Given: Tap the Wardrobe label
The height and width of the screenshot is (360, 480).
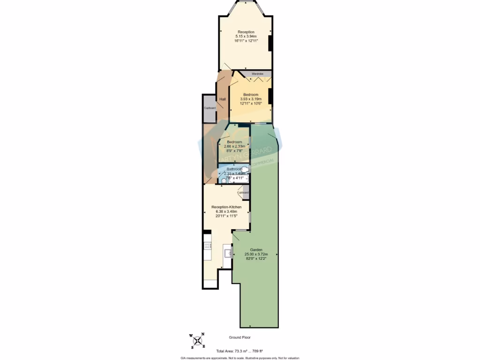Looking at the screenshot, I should pos(257,74).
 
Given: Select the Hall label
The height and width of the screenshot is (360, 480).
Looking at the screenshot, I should pos(223,99).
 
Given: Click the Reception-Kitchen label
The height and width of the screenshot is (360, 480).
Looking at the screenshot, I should pos(226,207).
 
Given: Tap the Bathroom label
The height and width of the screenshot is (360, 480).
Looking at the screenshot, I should pos(234,169).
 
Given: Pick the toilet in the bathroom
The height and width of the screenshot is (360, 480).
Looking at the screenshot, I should pos(245,169).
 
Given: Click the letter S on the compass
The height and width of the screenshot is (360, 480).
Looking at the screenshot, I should pos(192,347).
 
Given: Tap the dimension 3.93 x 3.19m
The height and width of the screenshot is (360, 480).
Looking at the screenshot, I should pos(251,99).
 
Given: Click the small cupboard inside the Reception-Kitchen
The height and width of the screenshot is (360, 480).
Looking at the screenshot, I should pos(243,192).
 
